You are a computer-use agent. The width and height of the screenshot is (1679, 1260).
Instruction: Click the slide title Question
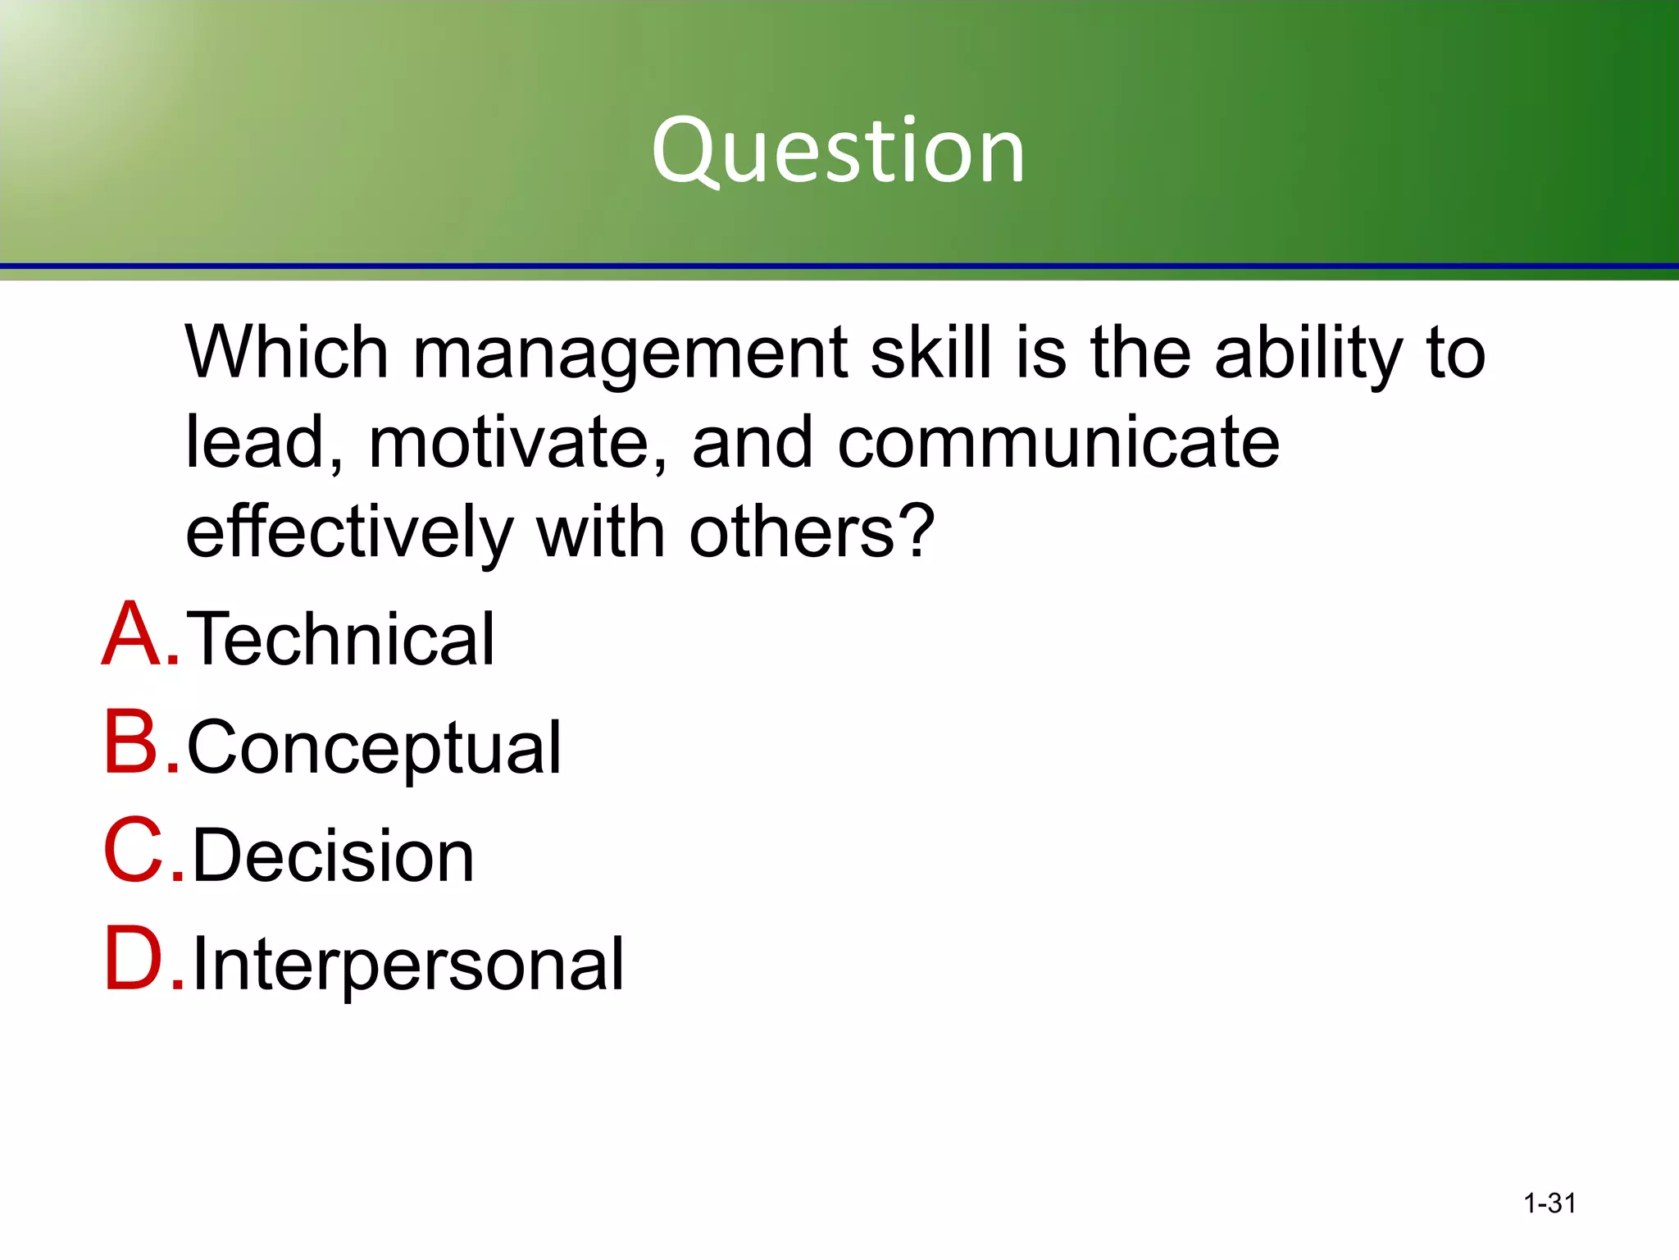(838, 150)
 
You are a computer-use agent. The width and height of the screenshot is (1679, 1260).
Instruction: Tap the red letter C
(133, 851)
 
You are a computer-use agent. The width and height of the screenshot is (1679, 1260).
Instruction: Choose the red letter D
(133, 959)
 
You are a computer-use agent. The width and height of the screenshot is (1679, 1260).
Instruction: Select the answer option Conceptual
(374, 748)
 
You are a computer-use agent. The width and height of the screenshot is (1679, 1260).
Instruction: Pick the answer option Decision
(333, 856)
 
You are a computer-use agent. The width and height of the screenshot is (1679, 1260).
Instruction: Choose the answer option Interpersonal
(407, 964)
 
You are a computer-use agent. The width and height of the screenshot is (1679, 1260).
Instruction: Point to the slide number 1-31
(1549, 1203)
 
